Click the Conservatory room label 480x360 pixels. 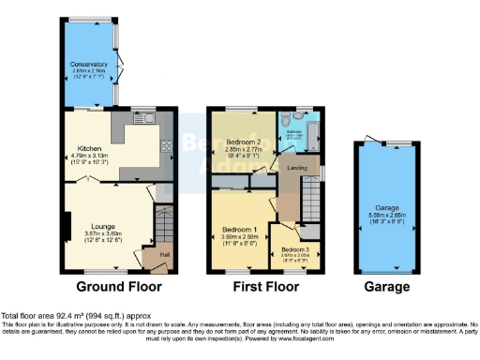tap(89, 63)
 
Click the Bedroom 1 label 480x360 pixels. tap(239, 229)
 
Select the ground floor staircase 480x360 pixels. tap(165, 225)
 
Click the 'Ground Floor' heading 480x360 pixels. tap(118, 287)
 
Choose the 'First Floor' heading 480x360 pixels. tap(264, 287)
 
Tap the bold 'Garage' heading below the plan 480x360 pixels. tap(386, 287)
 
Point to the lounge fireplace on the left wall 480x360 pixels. tap(66, 227)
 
